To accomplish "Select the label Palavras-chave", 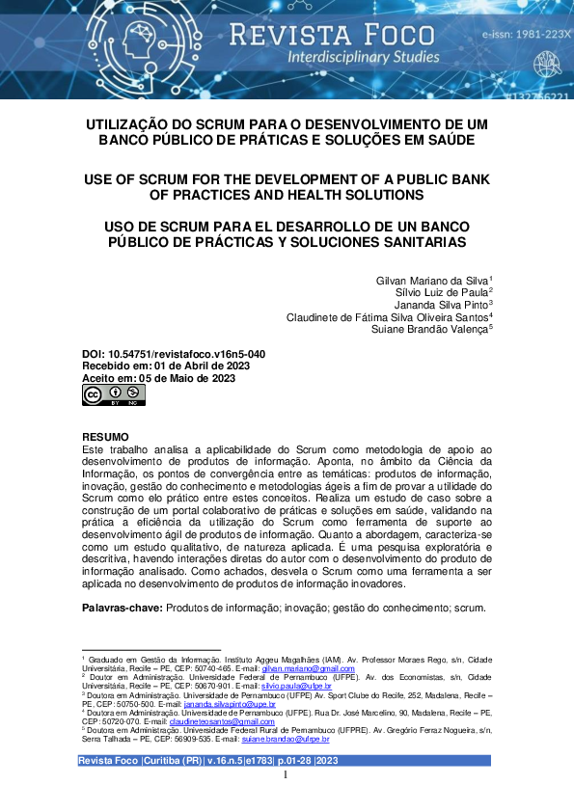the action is pyautogui.click(x=123, y=609).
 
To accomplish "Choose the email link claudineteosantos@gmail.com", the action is pyautogui.click(x=224, y=721).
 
